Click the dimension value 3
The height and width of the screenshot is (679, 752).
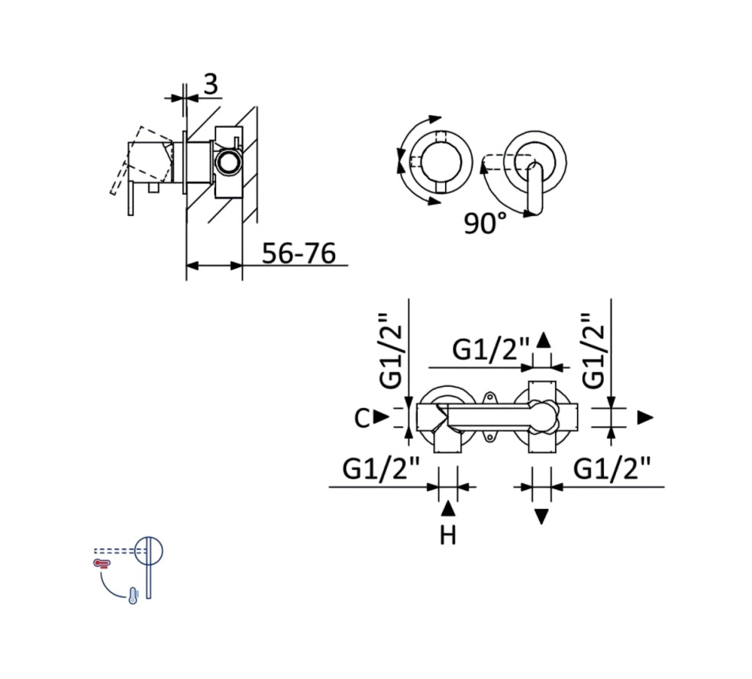tap(211, 85)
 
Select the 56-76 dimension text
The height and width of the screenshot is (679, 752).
tap(299, 253)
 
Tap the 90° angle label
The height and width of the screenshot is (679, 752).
tap(485, 223)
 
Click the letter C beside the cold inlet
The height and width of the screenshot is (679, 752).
tap(362, 418)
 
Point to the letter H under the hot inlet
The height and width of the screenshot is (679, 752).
tap(448, 536)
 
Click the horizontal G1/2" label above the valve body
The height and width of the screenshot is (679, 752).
tap(491, 349)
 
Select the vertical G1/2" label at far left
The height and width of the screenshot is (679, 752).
tap(390, 351)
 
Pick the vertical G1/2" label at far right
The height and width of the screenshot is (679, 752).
tap(593, 351)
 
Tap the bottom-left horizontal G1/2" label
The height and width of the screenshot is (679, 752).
tap(381, 468)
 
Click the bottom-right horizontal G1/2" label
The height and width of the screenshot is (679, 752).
tap(612, 468)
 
